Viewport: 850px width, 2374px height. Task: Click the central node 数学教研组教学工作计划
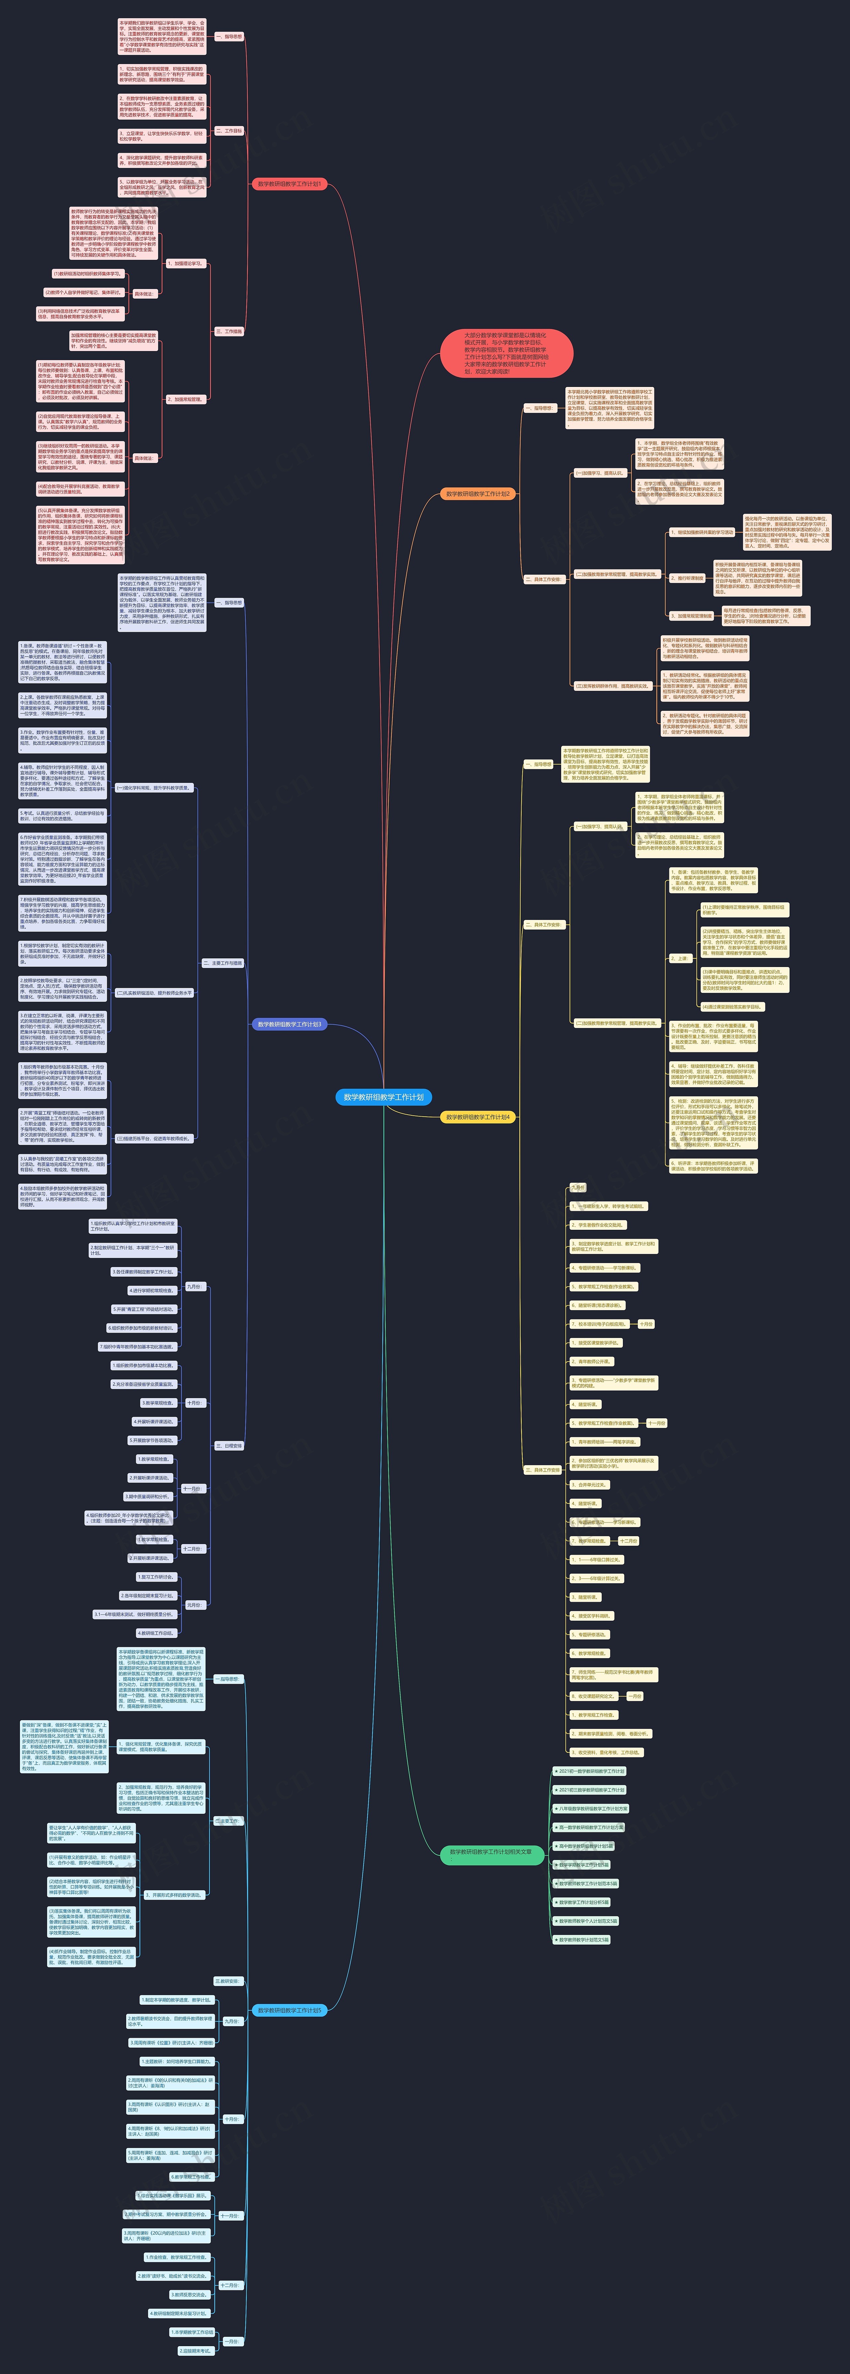pyautogui.click(x=383, y=1097)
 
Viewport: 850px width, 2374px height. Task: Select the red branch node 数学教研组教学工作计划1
pyautogui.click(x=289, y=184)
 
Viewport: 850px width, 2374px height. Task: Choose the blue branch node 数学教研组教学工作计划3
pyautogui.click(x=289, y=1024)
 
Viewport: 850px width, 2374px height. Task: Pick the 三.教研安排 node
pyautogui.click(x=227, y=1980)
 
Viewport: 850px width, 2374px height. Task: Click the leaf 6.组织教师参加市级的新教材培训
pyautogui.click(x=141, y=1328)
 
